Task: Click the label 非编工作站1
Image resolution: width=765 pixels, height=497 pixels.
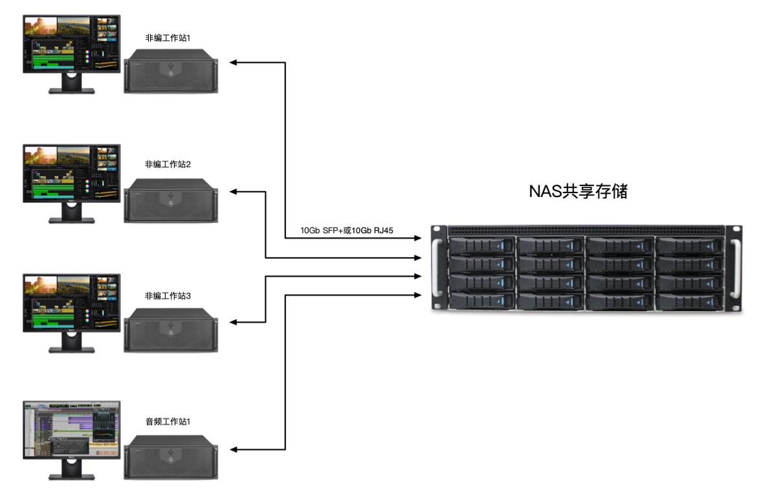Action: [167, 38]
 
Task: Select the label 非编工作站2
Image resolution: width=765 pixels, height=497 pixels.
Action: [167, 165]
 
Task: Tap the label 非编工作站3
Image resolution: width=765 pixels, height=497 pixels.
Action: [167, 295]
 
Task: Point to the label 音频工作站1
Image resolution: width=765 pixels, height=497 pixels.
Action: [167, 422]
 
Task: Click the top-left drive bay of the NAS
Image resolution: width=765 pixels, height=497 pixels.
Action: [480, 246]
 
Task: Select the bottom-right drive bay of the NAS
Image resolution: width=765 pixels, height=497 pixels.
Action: [688, 301]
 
